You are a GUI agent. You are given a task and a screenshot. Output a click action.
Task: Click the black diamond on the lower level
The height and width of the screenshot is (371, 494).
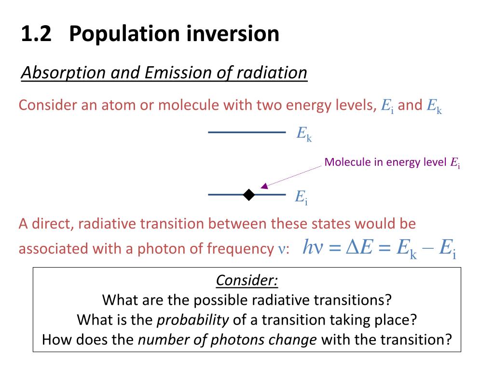[x=249, y=195]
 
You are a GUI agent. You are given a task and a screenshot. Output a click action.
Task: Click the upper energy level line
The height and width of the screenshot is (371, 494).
[x=247, y=132]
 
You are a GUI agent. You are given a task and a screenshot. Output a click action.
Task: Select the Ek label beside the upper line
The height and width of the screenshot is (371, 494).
[x=304, y=134]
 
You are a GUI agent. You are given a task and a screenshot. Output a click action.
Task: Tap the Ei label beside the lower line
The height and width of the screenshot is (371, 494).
[x=302, y=197]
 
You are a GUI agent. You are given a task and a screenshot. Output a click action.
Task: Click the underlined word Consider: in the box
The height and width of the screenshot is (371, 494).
[x=247, y=280]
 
